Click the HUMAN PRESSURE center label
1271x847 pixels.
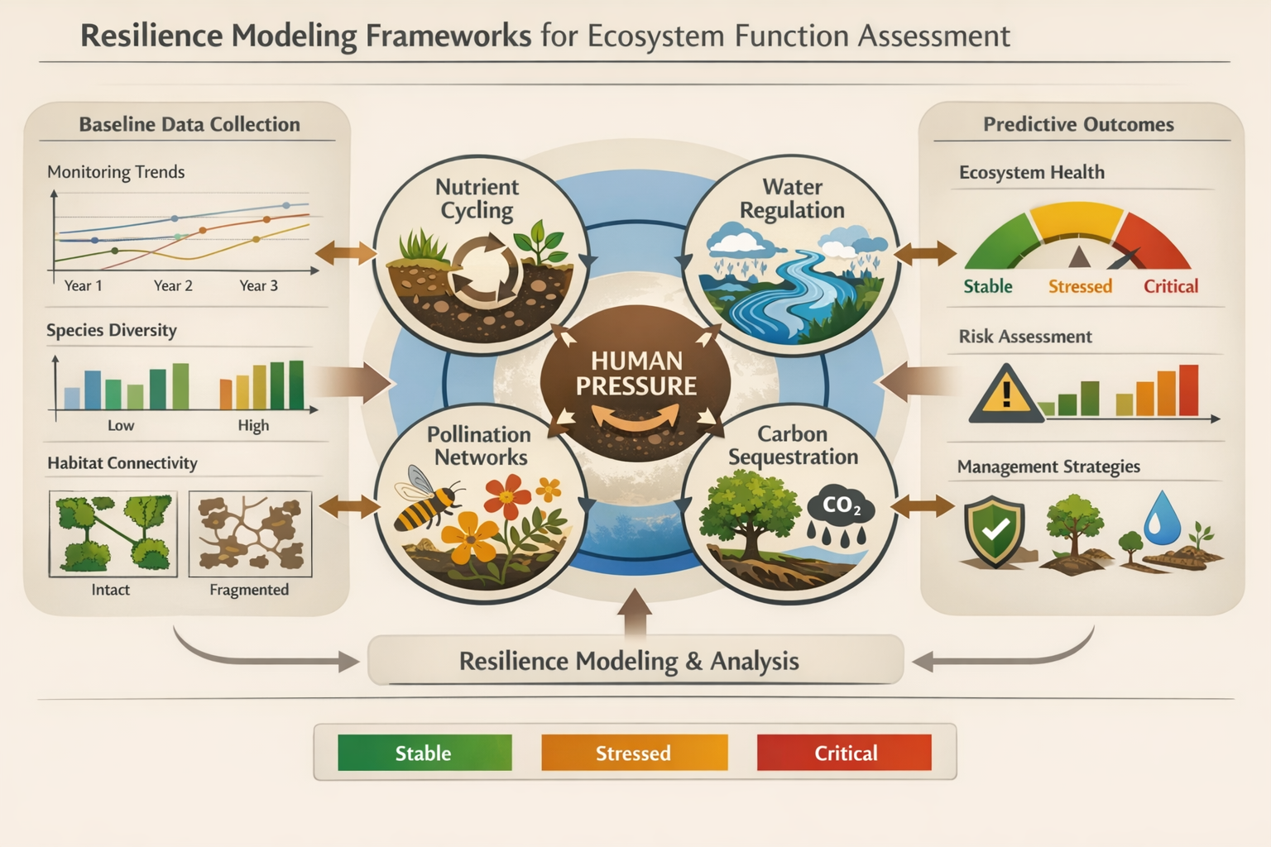[x=635, y=374]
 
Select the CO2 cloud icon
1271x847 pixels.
[x=841, y=509]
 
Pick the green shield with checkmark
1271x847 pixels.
[x=995, y=529]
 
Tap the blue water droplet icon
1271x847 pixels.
[x=1162, y=519]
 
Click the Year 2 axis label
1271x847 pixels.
[x=173, y=285]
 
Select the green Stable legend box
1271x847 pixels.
[x=424, y=753]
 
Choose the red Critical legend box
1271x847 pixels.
[x=844, y=753]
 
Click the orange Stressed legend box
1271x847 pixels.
[x=634, y=753]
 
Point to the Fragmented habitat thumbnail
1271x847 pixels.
[x=250, y=534]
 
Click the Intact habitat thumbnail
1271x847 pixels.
[x=113, y=534]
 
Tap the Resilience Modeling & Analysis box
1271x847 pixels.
[x=634, y=661]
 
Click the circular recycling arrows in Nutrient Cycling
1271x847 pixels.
[x=485, y=269]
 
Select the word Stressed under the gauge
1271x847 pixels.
[x=1080, y=286]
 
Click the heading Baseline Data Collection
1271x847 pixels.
[x=189, y=124]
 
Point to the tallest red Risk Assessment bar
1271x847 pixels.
[x=1188, y=390]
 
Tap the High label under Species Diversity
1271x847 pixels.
[x=253, y=425]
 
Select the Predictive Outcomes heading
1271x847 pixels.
[x=1078, y=124]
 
